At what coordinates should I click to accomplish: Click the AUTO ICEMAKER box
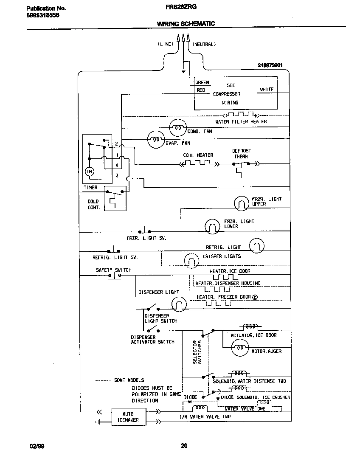[128, 417]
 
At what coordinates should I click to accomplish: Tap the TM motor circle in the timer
[89, 172]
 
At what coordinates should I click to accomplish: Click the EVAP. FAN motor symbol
[156, 138]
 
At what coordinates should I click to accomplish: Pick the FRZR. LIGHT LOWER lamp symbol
[212, 226]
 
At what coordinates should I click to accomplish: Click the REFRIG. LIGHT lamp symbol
[256, 245]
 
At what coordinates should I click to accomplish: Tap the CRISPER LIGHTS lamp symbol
[191, 259]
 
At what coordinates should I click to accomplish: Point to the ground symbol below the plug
[183, 70]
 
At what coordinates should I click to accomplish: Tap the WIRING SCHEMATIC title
[186, 24]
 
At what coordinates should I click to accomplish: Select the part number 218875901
[270, 65]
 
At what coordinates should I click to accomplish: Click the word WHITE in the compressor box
[267, 90]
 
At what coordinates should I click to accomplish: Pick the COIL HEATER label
[198, 155]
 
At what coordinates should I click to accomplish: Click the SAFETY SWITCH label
[113, 270]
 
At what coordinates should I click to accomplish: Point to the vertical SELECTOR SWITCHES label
[197, 352]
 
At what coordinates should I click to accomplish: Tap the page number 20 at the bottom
[183, 445]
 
